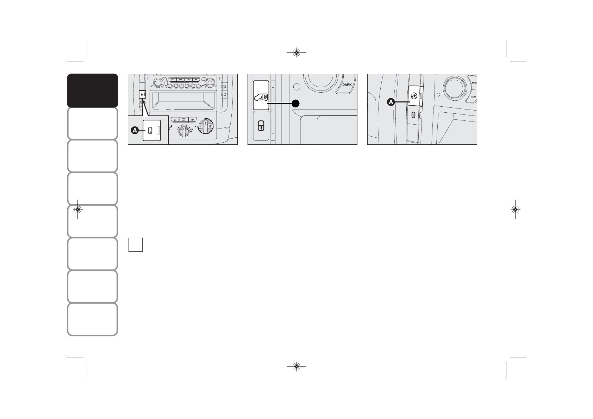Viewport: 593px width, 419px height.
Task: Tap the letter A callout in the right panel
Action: [391, 102]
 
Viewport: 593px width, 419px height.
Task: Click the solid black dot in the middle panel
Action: [296, 103]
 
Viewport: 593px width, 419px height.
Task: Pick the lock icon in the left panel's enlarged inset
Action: [150, 131]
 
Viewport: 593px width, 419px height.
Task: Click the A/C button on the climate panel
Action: [183, 120]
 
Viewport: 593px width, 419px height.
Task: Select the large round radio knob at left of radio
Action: [158, 83]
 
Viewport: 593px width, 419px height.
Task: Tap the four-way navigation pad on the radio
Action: [211, 84]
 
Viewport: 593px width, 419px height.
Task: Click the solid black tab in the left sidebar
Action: [92, 90]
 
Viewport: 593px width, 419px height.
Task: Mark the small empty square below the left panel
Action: [135, 245]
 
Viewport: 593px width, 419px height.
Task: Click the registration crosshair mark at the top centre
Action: [296, 53]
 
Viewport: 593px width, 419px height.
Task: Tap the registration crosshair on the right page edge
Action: [515, 210]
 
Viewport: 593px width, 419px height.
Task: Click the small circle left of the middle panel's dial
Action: [297, 87]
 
